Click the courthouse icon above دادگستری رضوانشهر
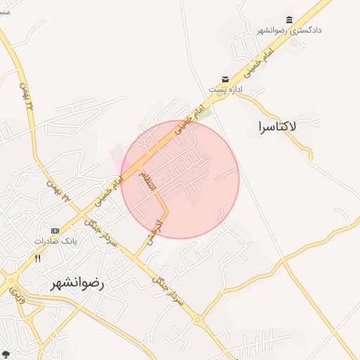tap(289, 20)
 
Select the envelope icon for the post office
tap(225, 79)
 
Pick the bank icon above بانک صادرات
tap(56, 231)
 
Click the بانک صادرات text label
tap(56, 241)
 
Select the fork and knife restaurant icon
tap(38, 258)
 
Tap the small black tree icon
tap(6, 355)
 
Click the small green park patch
tap(205, 112)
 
